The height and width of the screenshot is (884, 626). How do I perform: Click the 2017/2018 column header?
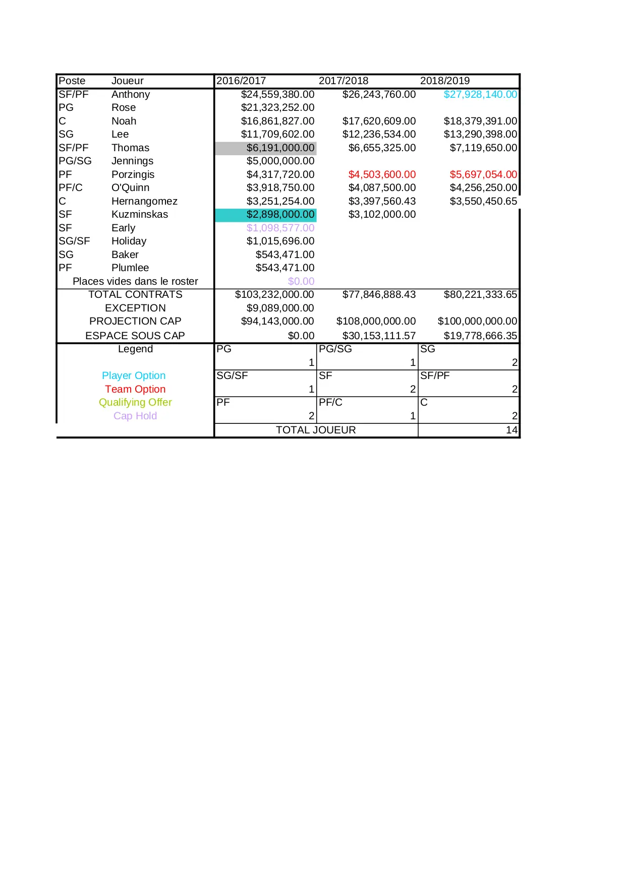pyautogui.click(x=343, y=81)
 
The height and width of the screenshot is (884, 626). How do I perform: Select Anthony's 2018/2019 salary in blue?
pyautogui.click(x=480, y=94)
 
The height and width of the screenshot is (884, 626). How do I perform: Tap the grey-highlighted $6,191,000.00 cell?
pyautogui.click(x=280, y=148)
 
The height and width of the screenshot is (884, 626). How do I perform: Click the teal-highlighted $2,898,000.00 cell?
pyautogui.click(x=280, y=215)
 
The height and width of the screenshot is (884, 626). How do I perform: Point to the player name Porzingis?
pyautogui.click(x=133, y=174)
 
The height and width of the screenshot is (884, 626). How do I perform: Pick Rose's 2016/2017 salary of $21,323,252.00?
pyautogui.click(x=277, y=107)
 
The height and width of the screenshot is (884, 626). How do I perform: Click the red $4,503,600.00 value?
pyautogui.click(x=382, y=174)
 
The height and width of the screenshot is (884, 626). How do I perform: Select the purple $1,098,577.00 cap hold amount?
pyautogui.click(x=280, y=228)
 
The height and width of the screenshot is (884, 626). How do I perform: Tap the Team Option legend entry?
pyautogui.click(x=135, y=389)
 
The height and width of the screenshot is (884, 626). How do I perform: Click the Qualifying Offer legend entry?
pyautogui.click(x=135, y=402)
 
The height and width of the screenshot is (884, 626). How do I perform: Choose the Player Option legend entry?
pyautogui.click(x=134, y=375)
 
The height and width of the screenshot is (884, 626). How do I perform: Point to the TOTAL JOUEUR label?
pyautogui.click(x=316, y=430)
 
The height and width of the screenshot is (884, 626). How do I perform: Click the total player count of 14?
pyautogui.click(x=511, y=430)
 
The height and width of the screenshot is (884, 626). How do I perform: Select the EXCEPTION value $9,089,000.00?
pyautogui.click(x=280, y=308)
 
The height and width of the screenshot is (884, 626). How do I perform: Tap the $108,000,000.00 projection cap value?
pyautogui.click(x=376, y=321)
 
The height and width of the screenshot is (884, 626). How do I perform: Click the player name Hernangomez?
pyautogui.click(x=144, y=201)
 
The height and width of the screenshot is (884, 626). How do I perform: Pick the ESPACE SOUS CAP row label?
pyautogui.click(x=135, y=336)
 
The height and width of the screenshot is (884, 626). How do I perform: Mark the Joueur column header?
pyautogui.click(x=127, y=81)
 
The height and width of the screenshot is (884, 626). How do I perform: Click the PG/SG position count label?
pyautogui.click(x=335, y=349)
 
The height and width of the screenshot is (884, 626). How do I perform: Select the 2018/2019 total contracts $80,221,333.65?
pyautogui.click(x=480, y=294)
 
